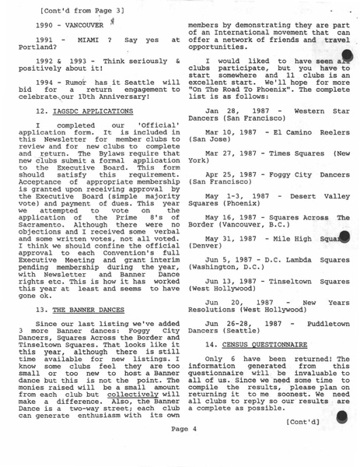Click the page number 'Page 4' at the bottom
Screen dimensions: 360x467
pyautogui.click(x=185, y=450)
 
